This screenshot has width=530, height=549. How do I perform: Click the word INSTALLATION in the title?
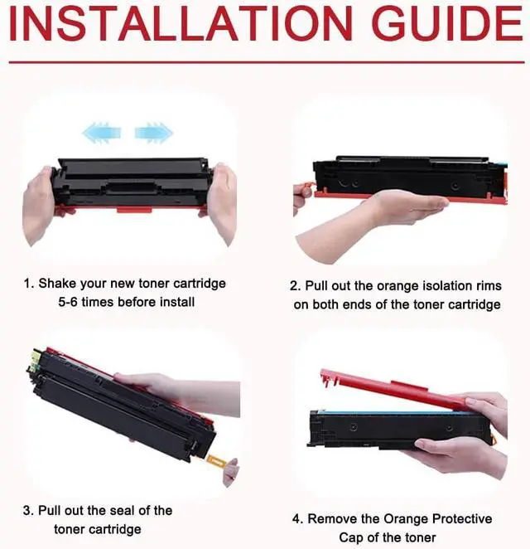181,23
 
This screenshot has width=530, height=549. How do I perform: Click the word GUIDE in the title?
447,23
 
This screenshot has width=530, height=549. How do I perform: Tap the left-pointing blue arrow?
101,133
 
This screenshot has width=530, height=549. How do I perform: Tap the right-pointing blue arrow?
154,133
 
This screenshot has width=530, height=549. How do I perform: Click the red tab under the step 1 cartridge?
134,209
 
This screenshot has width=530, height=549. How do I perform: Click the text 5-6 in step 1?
68,302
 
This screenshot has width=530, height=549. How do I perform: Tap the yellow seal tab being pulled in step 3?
216,461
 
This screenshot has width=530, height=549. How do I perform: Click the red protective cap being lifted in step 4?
393,389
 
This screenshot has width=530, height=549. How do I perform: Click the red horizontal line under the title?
267,62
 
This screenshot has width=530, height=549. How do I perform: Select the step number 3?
27,511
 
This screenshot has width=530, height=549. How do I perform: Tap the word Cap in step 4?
351,537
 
